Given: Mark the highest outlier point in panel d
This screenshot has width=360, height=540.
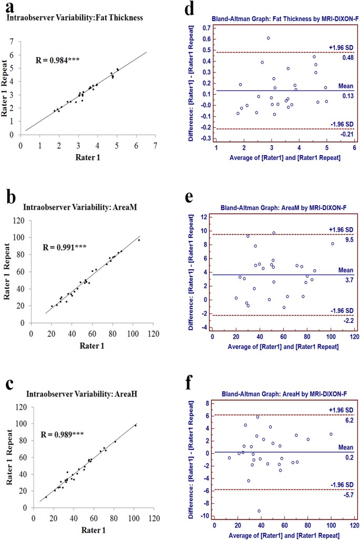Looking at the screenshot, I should tap(268, 38).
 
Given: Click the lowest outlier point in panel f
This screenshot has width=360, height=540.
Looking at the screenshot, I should tap(259, 511).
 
